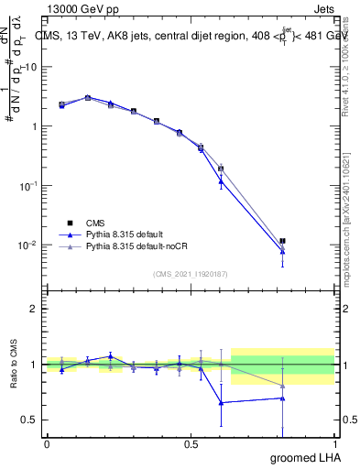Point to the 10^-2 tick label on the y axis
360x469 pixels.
(x=27, y=245)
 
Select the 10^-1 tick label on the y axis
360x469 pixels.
(x=27, y=185)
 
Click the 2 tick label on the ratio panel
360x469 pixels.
(x=34, y=309)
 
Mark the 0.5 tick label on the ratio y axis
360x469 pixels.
(x=30, y=420)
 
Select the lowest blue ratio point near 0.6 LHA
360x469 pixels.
(x=221, y=402)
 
